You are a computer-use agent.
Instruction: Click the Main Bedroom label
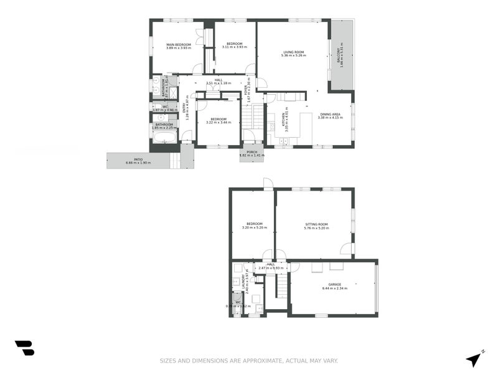(x=178, y=44)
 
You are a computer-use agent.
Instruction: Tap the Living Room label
(x=293, y=52)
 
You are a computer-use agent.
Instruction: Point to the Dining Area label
(x=330, y=114)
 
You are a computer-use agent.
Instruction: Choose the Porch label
(x=251, y=151)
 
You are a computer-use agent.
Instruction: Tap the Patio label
(x=138, y=160)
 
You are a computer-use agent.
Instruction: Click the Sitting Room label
(x=316, y=224)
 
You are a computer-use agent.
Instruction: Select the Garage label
(x=334, y=284)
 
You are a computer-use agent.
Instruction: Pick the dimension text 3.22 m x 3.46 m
(x=218, y=123)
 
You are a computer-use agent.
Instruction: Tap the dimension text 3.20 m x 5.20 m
(x=254, y=228)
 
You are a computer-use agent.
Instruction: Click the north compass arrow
(x=475, y=358)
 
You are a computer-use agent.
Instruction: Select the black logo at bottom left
(x=24, y=348)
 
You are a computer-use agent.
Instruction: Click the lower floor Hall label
(x=271, y=264)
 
